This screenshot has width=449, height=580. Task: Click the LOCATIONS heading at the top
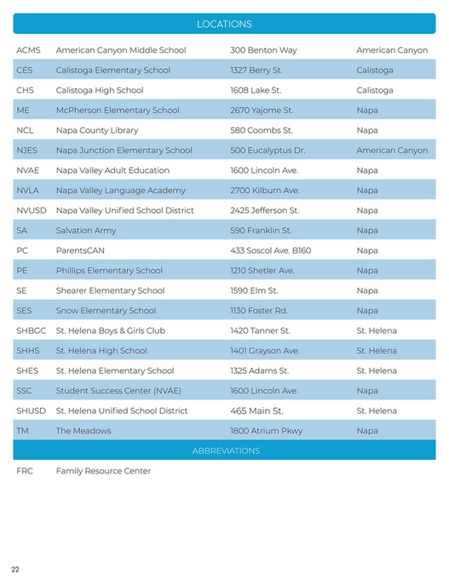[224, 25]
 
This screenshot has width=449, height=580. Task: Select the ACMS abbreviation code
[29, 50]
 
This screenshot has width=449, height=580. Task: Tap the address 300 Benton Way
[263, 50]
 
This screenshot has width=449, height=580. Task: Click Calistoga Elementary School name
[113, 71]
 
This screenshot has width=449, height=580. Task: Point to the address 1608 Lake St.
[256, 90]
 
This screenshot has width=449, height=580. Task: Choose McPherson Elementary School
[118, 111]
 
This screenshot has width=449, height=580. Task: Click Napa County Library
[97, 130]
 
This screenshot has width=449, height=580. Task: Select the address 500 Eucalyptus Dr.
[268, 151]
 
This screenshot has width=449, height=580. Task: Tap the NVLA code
[28, 191]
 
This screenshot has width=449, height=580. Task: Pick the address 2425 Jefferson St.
[265, 210]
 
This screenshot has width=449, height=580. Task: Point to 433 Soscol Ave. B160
[271, 250]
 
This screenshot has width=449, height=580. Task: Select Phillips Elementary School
[109, 271]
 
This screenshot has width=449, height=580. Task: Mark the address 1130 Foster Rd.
[259, 311]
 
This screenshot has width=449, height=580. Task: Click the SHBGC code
[32, 330]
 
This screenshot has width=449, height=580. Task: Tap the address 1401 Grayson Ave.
[265, 351]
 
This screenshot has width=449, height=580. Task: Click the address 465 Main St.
[256, 411]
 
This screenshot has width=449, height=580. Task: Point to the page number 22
[15, 569]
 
